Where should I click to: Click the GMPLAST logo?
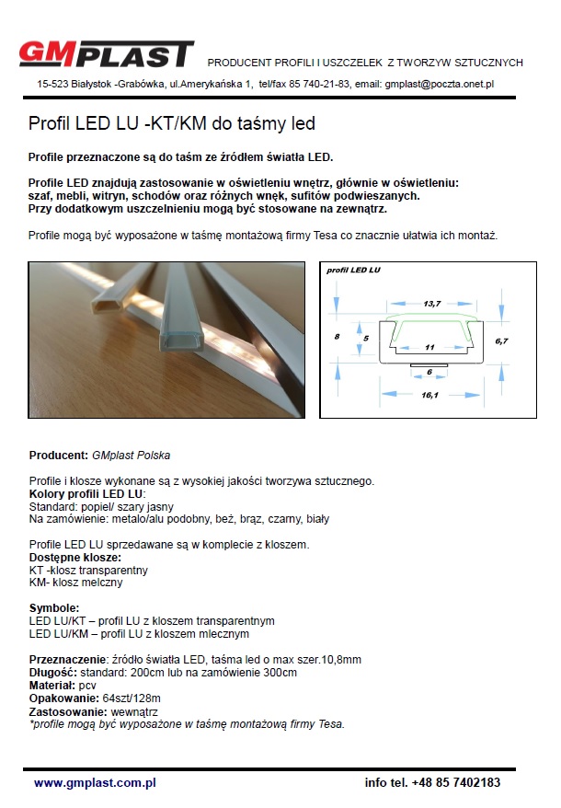point(107,53)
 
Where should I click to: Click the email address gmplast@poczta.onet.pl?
point(440,84)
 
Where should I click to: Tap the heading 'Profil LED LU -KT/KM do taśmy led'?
point(172,122)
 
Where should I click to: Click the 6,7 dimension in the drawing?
point(500,341)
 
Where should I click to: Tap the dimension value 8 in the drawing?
point(338,337)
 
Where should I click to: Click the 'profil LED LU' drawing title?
point(354,271)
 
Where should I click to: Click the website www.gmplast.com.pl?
point(95,782)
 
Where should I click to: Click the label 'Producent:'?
point(59,456)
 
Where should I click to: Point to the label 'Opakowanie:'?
point(63,698)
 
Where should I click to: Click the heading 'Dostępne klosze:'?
point(75,558)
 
